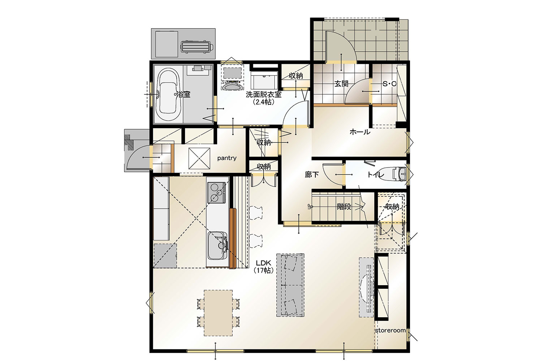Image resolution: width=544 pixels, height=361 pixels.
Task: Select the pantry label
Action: click(226, 158)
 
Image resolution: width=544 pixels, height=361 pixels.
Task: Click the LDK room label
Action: click(263, 263)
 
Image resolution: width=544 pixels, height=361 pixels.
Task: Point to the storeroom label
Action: click(390, 330)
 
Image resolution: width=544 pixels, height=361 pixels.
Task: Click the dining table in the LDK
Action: click(218, 313)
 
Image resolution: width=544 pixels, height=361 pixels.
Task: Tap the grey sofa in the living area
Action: click(290, 285)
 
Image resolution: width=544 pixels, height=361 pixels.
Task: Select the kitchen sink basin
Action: click(217, 245)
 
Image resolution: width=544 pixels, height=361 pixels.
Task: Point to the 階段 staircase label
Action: click(344, 207)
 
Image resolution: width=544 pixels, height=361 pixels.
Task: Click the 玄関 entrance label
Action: click(341, 84)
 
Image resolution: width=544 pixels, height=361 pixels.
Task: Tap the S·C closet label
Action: click(389, 84)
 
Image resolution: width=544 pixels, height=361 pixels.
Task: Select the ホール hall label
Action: click(360, 132)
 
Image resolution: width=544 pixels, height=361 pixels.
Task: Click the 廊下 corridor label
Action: click(312, 175)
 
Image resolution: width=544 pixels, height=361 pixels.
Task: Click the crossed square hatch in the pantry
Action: click(199, 158)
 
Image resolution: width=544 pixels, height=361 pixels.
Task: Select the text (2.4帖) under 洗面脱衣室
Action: click(263, 102)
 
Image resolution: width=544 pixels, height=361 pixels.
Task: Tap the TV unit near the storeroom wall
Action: click(367, 287)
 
